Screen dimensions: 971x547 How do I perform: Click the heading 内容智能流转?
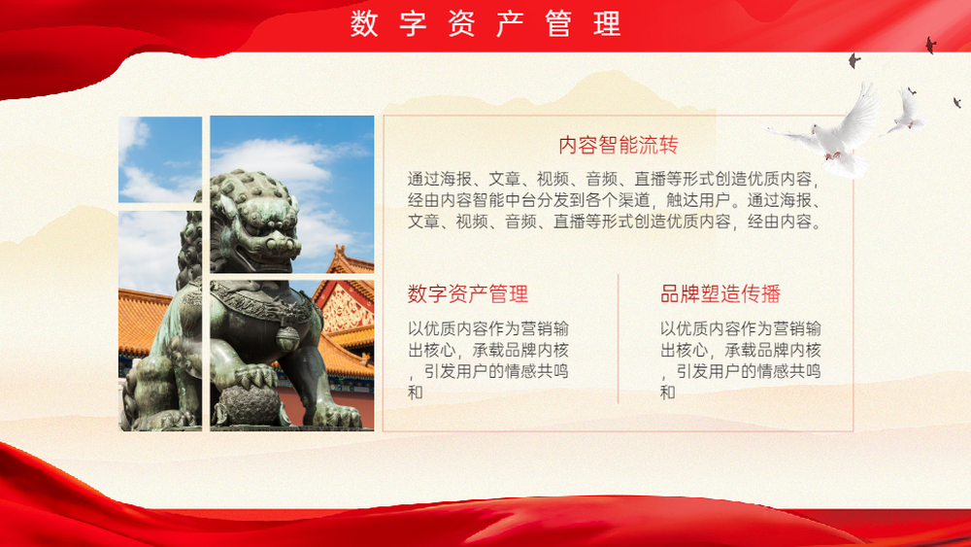click(x=618, y=145)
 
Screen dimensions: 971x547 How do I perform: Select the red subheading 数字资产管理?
click(x=468, y=293)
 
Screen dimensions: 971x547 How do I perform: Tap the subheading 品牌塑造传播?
click(x=720, y=293)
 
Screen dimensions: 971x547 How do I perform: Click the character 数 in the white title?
click(x=363, y=24)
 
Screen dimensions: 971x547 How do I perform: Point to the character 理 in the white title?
click(x=607, y=24)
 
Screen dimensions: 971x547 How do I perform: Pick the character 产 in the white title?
click(x=510, y=24)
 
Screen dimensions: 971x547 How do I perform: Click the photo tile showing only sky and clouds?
click(x=160, y=159)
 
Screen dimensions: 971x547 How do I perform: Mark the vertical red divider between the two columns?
click(x=618, y=339)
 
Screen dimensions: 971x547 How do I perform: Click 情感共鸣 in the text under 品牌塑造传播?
click(x=788, y=371)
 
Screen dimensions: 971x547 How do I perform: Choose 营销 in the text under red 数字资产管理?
click(x=536, y=328)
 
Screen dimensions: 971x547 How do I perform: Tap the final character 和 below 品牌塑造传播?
click(x=668, y=393)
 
